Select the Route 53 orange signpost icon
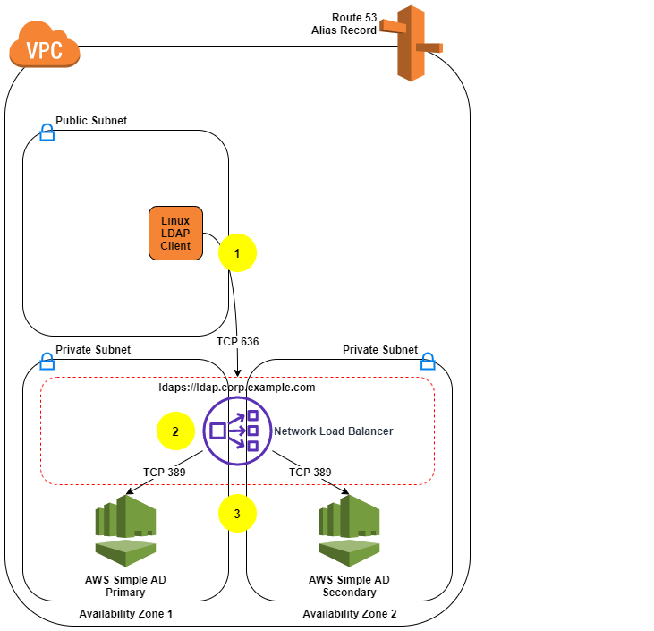tap(412, 43)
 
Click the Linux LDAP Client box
tap(175, 233)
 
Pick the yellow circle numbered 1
tap(237, 253)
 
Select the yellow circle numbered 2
tap(175, 431)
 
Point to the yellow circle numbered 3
tap(237, 514)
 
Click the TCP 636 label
tap(238, 342)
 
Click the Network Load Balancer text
tap(333, 431)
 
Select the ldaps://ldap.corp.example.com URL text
tap(237, 388)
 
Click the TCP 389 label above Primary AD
tap(165, 472)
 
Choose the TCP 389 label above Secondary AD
tap(310, 472)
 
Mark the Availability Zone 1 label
tap(125, 613)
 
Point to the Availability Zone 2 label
tap(349, 613)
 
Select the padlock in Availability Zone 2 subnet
tap(428, 361)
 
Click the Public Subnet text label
tap(91, 120)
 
